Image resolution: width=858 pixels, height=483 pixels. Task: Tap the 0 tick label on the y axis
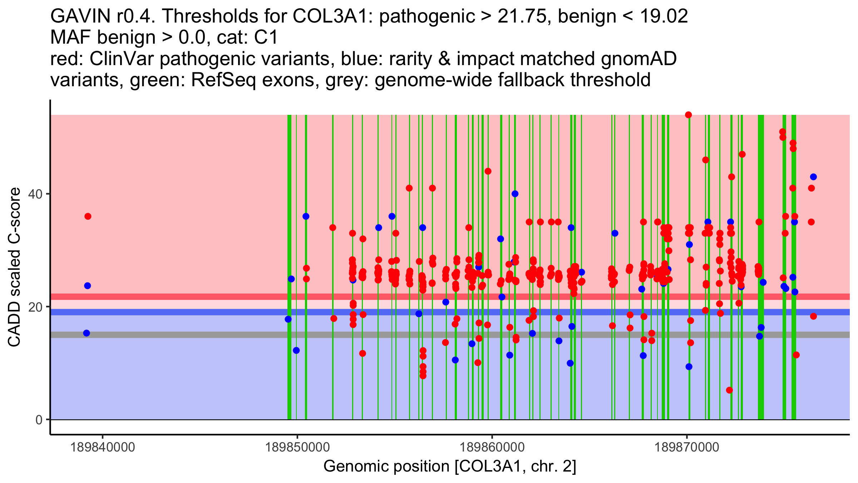click(x=39, y=420)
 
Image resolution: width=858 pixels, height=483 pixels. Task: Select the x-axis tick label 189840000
click(x=103, y=447)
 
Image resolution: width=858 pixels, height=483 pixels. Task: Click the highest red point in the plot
click(x=688, y=115)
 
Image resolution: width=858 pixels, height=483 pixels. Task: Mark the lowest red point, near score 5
click(x=729, y=390)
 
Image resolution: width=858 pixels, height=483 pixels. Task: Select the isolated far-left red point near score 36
click(x=88, y=216)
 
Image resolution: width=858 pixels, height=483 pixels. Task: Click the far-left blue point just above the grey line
click(x=87, y=333)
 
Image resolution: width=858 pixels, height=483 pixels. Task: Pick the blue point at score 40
click(x=515, y=194)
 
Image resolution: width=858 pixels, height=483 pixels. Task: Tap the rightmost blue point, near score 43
click(x=813, y=177)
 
